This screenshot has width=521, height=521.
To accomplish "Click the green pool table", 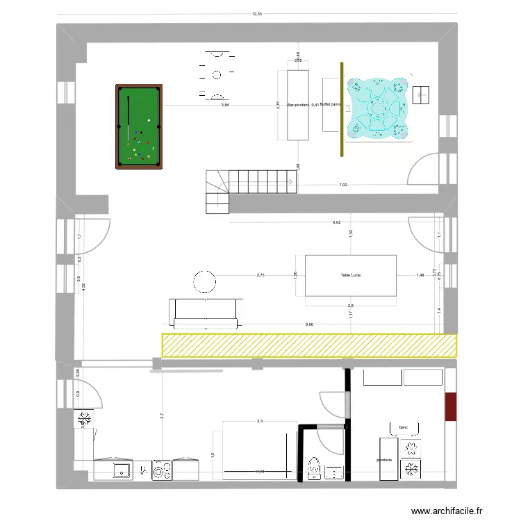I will [139, 126].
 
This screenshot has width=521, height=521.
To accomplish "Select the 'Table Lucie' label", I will [351, 276].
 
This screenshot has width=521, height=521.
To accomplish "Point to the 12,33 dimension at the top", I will [257, 13].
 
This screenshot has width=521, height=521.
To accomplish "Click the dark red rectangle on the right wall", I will [451, 406].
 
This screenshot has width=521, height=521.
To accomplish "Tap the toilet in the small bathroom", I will [315, 469].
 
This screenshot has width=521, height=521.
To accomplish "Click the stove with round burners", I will [163, 470].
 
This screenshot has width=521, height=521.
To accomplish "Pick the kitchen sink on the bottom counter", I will [123, 470].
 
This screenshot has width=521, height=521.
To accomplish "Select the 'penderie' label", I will [386, 460].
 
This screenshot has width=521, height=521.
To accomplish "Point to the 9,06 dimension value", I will [308, 324].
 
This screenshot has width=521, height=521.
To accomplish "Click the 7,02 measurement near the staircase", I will [342, 185].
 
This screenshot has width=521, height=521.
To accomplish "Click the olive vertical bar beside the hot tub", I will [341, 109].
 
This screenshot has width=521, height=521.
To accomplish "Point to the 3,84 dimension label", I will [224, 106].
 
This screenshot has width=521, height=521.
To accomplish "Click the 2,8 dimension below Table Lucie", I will [351, 306].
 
